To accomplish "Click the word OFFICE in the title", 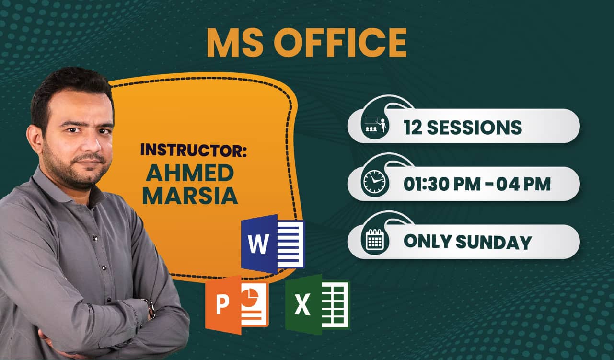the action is click(x=340, y=43).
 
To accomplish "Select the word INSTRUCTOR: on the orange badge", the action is click(x=194, y=150).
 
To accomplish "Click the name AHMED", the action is click(x=190, y=173).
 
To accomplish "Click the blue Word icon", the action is click(x=273, y=244).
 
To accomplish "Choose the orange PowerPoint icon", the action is click(x=237, y=305).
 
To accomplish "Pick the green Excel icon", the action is click(x=317, y=304).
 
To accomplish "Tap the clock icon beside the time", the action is click(x=374, y=182).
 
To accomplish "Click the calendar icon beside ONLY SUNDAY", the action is click(x=375, y=239).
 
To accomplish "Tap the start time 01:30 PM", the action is click(x=442, y=184).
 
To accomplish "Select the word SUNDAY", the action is click(x=494, y=242).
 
